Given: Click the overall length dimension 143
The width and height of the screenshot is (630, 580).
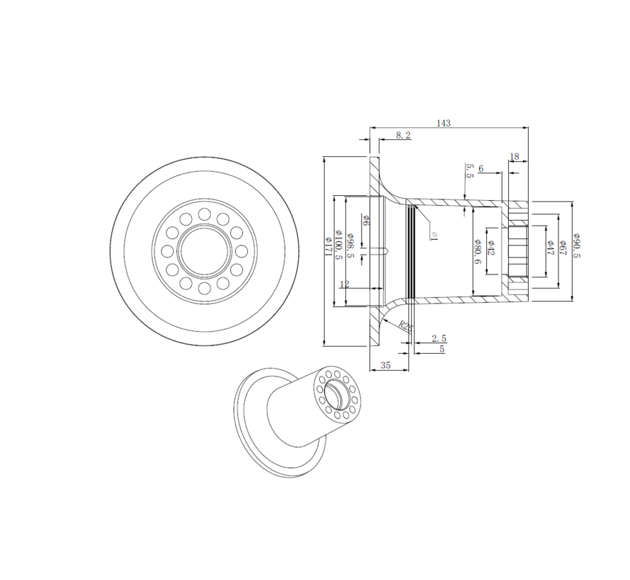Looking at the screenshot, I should point(443,122).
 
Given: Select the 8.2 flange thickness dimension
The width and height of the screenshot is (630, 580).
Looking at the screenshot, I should point(403,134).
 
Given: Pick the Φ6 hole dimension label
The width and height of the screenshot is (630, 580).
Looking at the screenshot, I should point(366,220).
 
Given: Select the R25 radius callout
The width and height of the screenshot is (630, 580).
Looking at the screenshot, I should point(404,326).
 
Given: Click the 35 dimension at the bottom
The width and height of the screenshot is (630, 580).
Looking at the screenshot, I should point(386,366).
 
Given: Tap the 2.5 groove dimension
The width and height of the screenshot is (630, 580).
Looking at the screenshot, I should point(438,339).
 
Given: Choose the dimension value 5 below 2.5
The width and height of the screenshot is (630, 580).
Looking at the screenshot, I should point(442,349).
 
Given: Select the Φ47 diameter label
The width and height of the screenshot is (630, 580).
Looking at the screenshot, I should point(549,248).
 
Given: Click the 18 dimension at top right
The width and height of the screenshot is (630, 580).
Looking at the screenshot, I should point(514,156).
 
